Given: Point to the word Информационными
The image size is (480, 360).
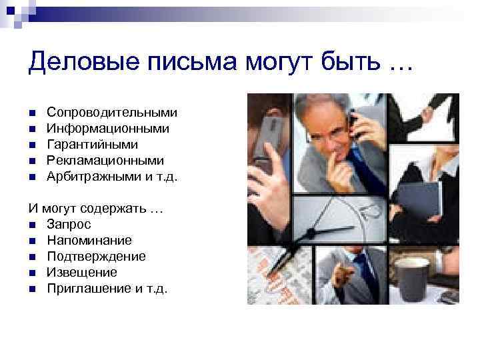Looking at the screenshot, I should tap(107, 127).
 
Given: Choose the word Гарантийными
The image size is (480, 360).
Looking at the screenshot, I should tap(92, 144).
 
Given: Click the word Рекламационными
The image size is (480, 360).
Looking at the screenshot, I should tap(105, 161).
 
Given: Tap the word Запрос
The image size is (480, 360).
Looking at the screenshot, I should tap(69, 224).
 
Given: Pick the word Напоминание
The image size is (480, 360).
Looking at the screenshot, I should tap(89, 240).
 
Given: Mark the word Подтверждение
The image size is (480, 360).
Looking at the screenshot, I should tap(96, 256).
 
